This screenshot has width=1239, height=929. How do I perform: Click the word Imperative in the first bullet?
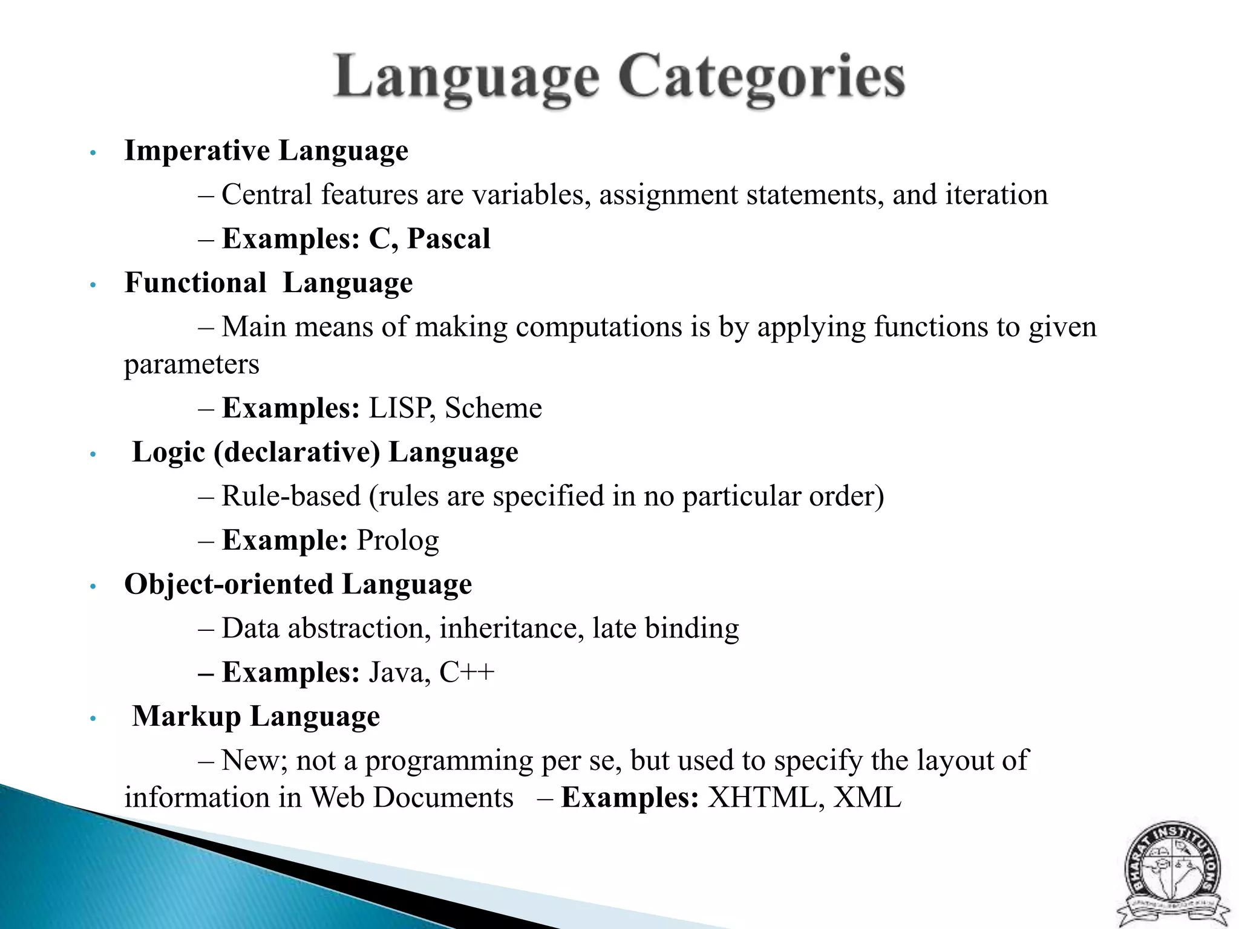tap(197, 151)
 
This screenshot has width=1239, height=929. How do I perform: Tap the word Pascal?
tap(448, 238)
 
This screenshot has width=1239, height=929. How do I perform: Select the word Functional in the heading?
tap(195, 282)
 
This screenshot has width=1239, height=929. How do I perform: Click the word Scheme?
tap(493, 408)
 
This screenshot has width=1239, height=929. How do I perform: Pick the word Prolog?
tap(397, 540)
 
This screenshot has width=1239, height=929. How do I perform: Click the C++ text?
tap(466, 672)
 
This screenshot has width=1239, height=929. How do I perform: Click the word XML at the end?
tap(868, 797)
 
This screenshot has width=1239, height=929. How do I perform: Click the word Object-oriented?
tap(229, 584)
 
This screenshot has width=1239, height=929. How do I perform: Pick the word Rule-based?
tap(291, 496)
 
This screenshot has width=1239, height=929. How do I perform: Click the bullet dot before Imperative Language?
tap(93, 152)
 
